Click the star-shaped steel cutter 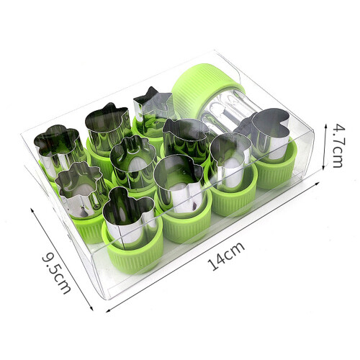[x=153, y=110]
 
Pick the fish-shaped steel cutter [x=185, y=138]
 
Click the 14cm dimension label [x=225, y=256]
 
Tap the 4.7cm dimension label [x=339, y=145]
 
